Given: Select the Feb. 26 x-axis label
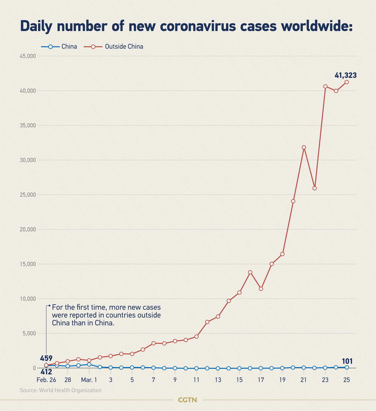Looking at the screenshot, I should coord(46,380).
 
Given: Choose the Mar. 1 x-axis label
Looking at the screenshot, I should coord(89,380).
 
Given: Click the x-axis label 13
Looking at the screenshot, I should coord(218,380).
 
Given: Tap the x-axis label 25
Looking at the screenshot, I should coord(347,380).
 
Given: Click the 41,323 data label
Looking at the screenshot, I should coord(346,76).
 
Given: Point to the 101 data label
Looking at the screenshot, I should coord(347,361).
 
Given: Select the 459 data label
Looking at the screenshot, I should coord(46,358).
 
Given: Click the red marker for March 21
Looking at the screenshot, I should coord(304,147).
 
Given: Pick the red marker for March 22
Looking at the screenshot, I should coord(314,188).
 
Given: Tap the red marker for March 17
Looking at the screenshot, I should coord(261,289).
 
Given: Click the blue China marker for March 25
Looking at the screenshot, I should coord(347,367).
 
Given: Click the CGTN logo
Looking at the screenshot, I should coord(187,400).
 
